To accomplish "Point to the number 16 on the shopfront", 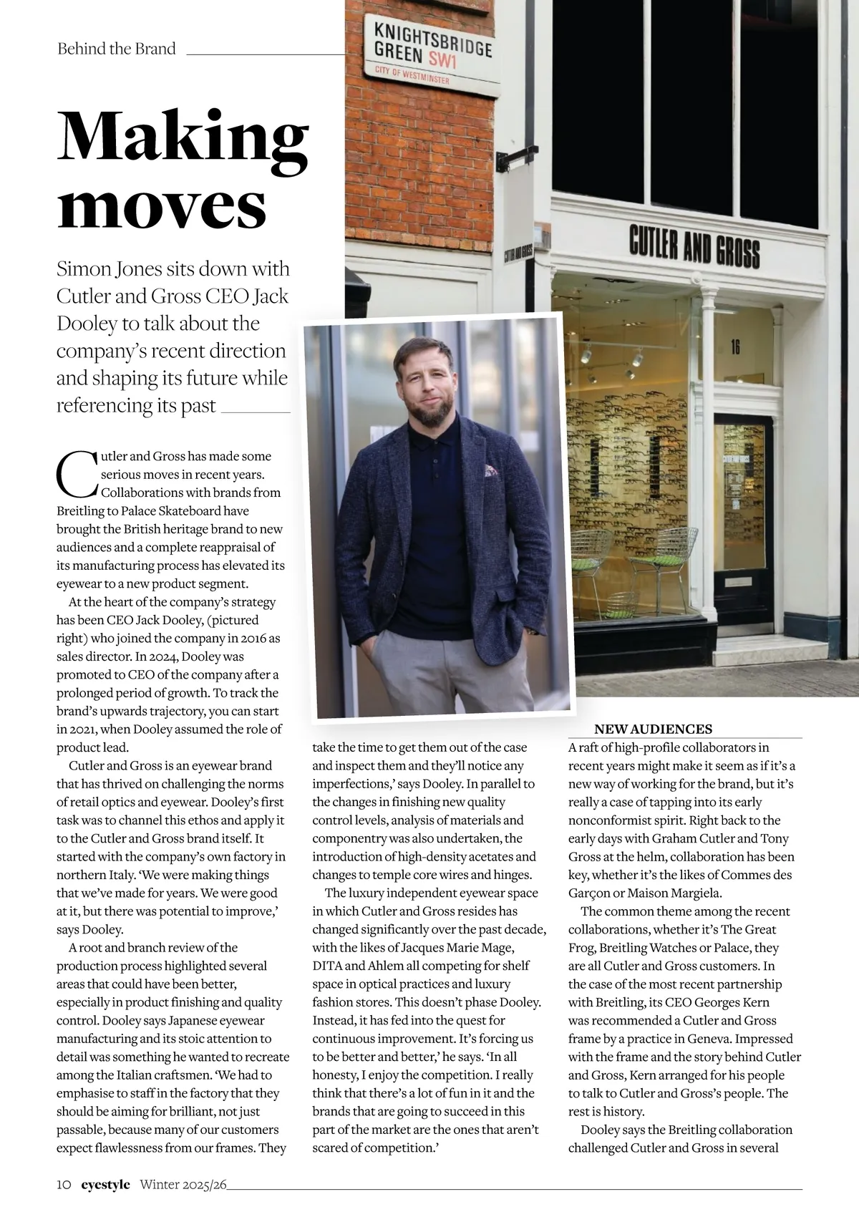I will (735, 348).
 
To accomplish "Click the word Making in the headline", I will (183, 140).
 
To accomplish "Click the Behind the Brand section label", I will (116, 49).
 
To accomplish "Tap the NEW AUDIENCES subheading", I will (653, 729).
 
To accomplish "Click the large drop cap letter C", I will (76, 474).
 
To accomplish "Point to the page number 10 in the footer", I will (64, 1185).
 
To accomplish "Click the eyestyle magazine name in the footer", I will (105, 1185).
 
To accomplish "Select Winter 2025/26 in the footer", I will (183, 1185).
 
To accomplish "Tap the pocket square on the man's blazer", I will (491, 470).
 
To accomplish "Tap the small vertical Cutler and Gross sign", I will (518, 253).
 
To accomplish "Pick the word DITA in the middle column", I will (327, 966).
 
